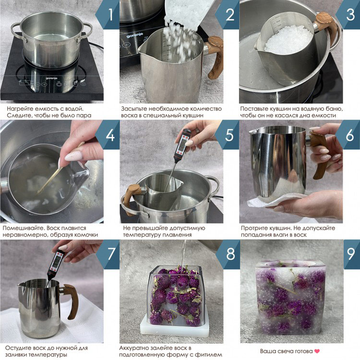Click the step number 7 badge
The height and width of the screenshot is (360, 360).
click(108, 254)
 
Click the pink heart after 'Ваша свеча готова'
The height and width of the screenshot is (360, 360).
click(317, 351)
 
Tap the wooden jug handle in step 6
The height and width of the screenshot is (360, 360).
click(320, 156)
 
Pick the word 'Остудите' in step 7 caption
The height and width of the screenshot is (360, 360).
click(19, 348)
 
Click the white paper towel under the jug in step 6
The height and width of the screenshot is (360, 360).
click(279, 200)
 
